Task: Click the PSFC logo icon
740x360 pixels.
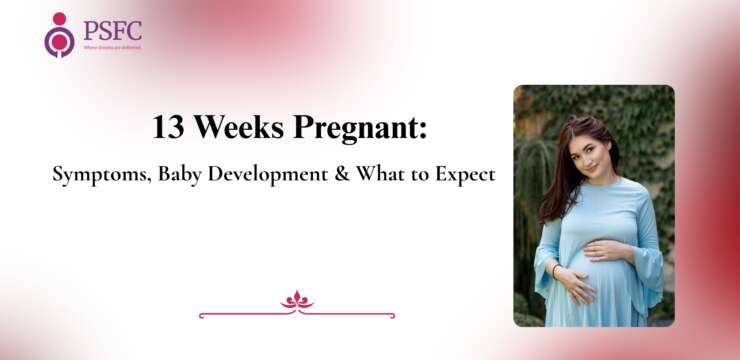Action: (x=59, y=34)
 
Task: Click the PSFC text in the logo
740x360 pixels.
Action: (x=112, y=29)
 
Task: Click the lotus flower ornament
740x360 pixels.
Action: (x=297, y=300)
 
